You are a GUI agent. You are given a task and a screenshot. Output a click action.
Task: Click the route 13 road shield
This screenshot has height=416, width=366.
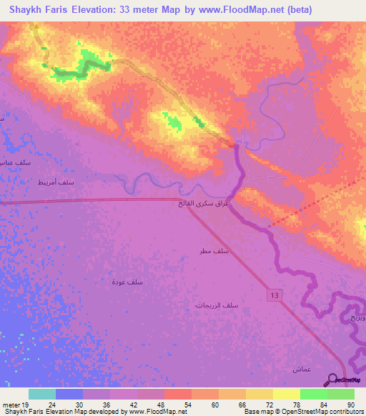coord(274,294)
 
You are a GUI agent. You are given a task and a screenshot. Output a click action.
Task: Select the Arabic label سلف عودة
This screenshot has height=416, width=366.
coord(127,282)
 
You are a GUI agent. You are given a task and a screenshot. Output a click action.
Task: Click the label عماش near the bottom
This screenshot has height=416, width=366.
coord(300,369)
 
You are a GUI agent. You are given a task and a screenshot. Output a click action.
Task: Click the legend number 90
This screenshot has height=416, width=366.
coord(351,404)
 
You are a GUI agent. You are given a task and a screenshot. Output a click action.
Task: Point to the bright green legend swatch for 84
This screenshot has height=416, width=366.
coord(313,394)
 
